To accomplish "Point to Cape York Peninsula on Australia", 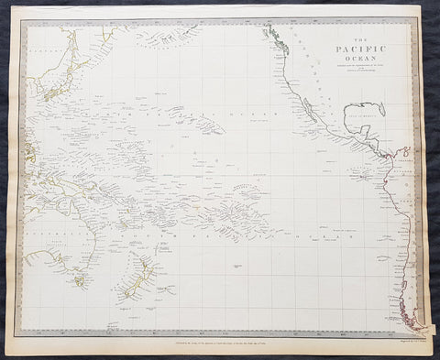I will [64, 203].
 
